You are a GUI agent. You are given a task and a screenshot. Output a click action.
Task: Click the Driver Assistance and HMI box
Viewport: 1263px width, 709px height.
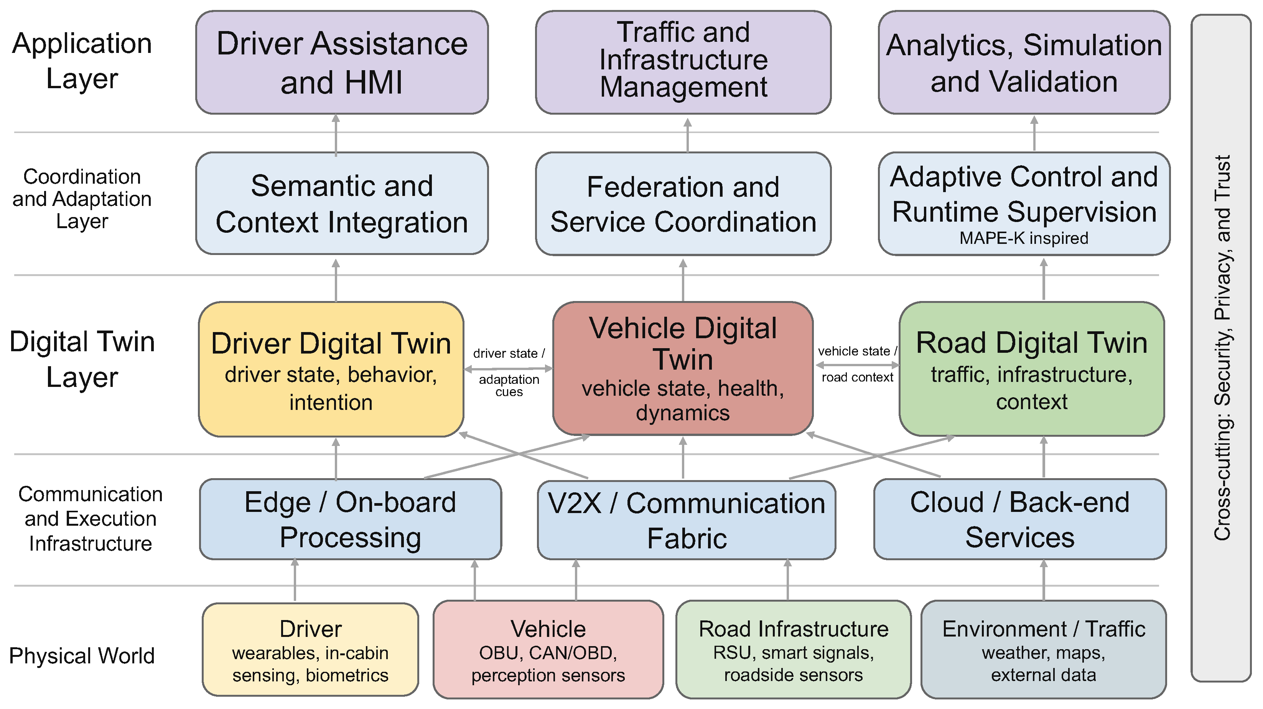(342, 62)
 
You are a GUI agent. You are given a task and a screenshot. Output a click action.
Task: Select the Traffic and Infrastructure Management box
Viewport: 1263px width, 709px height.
(683, 62)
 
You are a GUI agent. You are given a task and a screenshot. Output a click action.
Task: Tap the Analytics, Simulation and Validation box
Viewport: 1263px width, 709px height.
(1024, 62)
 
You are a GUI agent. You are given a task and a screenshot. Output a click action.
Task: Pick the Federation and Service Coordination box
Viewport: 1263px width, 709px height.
(683, 204)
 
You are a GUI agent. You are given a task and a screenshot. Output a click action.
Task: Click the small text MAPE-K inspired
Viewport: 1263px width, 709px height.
(1024, 238)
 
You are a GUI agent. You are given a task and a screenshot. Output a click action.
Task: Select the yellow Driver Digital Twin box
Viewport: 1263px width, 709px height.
(331, 369)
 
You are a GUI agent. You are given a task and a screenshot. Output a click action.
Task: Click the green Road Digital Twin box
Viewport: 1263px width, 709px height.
(1032, 369)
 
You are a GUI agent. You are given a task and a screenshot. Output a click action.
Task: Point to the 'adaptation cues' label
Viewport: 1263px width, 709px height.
(509, 385)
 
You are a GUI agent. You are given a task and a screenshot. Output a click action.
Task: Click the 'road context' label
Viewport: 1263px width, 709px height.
(858, 377)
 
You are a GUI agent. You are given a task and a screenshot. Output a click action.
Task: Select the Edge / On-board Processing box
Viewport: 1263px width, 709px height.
(350, 519)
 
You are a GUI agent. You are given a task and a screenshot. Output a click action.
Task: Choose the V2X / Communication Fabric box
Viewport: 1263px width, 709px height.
(687, 520)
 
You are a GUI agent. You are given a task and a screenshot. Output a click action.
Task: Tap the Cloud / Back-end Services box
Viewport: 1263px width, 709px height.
(1020, 519)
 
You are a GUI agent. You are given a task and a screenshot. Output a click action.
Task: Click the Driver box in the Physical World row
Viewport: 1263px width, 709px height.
(310, 650)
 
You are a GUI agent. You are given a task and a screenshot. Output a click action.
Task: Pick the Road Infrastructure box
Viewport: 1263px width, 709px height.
(793, 650)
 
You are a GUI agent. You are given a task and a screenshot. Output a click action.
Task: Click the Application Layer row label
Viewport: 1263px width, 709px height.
(82, 61)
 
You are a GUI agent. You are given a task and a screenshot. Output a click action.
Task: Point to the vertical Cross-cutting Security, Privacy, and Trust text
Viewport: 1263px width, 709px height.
(1222, 348)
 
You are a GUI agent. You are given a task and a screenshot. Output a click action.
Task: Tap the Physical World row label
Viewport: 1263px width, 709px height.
(82, 656)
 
